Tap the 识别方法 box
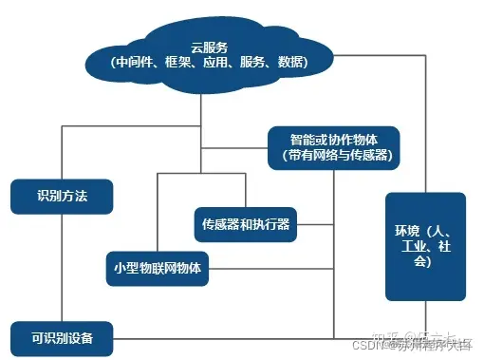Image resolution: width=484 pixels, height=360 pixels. [x=63, y=196]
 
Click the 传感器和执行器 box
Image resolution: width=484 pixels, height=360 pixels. [x=246, y=224]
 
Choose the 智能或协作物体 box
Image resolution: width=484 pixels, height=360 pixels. [x=332, y=144]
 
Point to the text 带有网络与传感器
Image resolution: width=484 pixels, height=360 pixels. [x=333, y=154]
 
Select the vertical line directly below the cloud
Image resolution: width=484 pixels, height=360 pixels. [x=202, y=104]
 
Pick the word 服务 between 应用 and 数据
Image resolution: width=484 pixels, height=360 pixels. [x=256, y=63]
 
